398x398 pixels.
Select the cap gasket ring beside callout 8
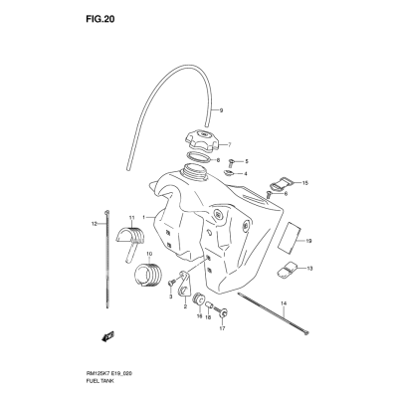[198, 156]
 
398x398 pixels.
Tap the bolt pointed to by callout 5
[232, 162]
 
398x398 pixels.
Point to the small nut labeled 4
[229, 172]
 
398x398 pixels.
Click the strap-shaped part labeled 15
[282, 183]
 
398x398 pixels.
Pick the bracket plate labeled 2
[183, 285]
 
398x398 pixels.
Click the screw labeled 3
[171, 283]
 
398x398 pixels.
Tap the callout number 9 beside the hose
[221, 110]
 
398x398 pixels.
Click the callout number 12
[94, 224]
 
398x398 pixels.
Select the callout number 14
[283, 303]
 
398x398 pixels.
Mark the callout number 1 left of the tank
[144, 218]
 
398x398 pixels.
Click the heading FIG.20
[100, 19]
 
